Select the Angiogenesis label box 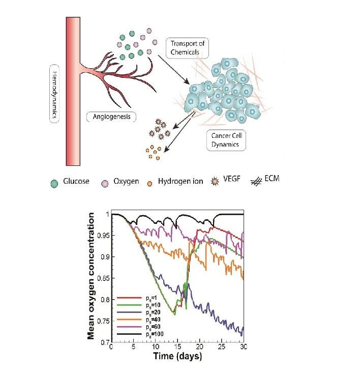(x=112, y=117)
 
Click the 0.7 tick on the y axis (x=105, y=342)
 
